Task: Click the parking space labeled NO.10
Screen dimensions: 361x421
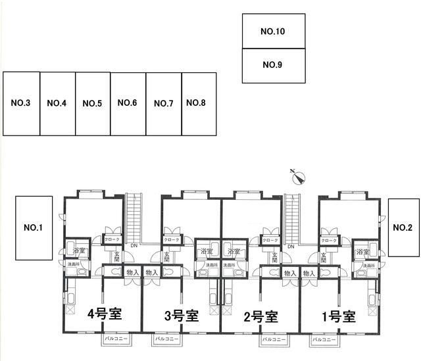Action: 273,31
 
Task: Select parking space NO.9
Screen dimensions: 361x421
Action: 273,66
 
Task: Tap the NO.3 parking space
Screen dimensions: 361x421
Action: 22,103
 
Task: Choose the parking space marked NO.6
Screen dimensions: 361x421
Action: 127,103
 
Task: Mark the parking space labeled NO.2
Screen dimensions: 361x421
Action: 402,228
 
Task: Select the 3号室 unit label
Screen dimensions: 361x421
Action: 182,315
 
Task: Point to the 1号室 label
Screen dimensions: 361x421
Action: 338,316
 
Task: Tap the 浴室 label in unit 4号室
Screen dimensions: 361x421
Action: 79,251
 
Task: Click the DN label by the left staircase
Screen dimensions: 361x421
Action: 134,246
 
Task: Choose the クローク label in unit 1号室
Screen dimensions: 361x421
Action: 328,241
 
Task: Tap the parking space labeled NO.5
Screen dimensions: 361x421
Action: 92,103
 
